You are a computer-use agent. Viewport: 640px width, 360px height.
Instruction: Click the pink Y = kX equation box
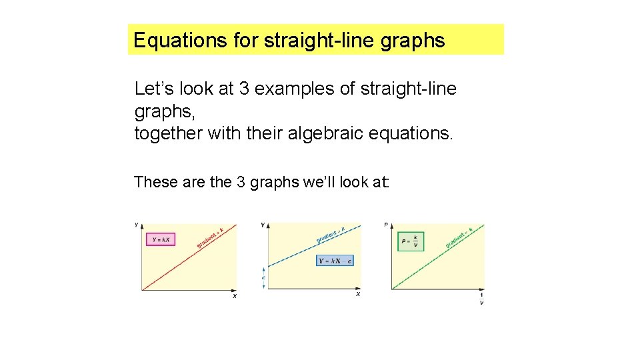(x=160, y=239)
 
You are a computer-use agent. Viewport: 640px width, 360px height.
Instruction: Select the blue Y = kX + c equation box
(x=335, y=261)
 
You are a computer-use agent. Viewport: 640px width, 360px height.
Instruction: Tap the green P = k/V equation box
(x=410, y=241)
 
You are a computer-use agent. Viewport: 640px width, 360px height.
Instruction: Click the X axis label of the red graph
(x=235, y=296)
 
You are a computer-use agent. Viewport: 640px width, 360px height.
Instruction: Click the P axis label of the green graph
(x=386, y=225)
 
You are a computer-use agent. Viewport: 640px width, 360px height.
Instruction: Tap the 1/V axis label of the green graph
(x=481, y=299)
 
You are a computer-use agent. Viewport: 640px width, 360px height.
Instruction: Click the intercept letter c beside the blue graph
(x=263, y=277)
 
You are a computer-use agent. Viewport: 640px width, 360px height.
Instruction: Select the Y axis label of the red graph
(x=137, y=224)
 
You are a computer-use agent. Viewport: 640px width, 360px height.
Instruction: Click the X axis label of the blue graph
(x=358, y=294)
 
